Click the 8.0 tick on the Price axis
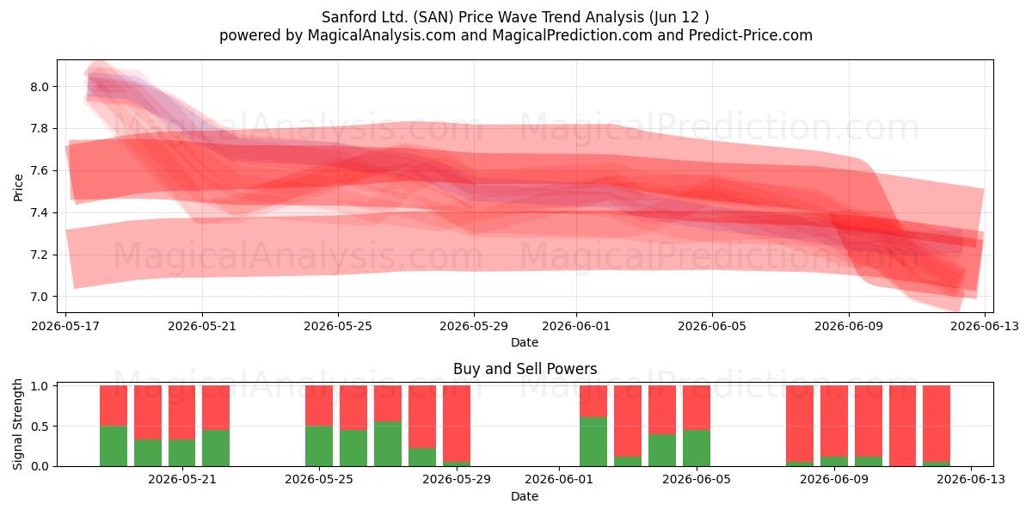tap(40, 87)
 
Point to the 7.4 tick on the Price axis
tap(40, 213)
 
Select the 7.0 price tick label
tap(40, 297)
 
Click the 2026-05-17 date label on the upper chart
tap(65, 326)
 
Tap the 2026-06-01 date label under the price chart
tap(576, 326)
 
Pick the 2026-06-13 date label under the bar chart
tap(971, 479)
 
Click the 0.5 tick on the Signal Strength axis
tap(40, 427)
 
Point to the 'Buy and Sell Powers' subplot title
tap(525, 369)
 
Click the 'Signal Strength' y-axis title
tap(17, 424)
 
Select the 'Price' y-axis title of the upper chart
tap(18, 187)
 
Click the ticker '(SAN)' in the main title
tap(433, 17)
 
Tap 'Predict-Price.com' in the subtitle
tap(751, 35)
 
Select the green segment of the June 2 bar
tap(593, 441)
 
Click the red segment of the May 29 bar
tap(457, 423)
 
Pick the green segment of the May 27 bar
tap(388, 444)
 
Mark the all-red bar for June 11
tap(902, 426)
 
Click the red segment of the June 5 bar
tap(696, 408)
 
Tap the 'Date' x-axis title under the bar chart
tap(525, 496)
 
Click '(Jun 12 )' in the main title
tap(679, 17)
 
